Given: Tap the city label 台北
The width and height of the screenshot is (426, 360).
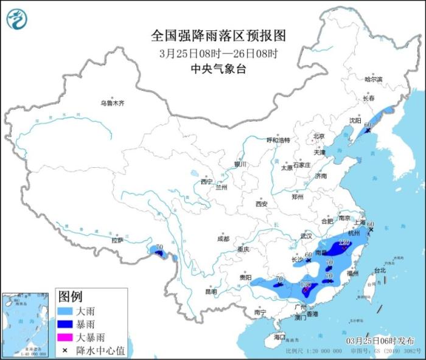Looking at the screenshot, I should [x=380, y=269].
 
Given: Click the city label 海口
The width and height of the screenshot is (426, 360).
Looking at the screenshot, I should [x=279, y=336].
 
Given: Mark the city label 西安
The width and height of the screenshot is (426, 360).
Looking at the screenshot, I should [x=262, y=204].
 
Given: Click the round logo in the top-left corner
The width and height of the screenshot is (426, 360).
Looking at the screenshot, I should [x=17, y=20].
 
